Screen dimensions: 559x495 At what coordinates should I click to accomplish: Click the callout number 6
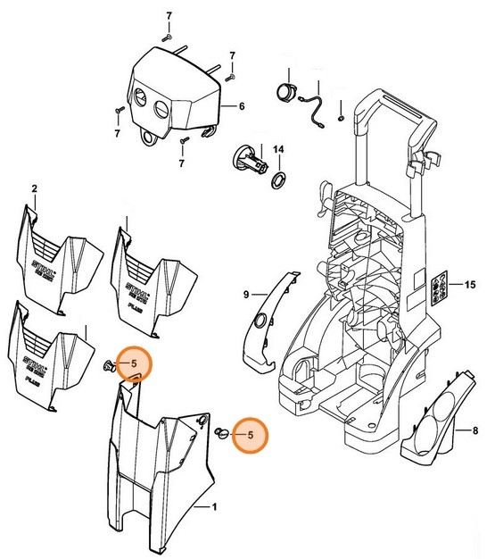coord(241,106)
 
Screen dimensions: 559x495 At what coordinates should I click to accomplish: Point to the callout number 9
coord(246,293)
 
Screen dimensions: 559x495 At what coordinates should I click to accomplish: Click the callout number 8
coord(463,430)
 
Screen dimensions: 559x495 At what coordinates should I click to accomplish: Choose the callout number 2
coord(34,188)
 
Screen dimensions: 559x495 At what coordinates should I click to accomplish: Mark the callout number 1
coord(213,506)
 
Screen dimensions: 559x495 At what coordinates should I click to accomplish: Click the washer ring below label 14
coord(278,181)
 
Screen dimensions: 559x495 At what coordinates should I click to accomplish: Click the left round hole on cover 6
coord(142,98)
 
